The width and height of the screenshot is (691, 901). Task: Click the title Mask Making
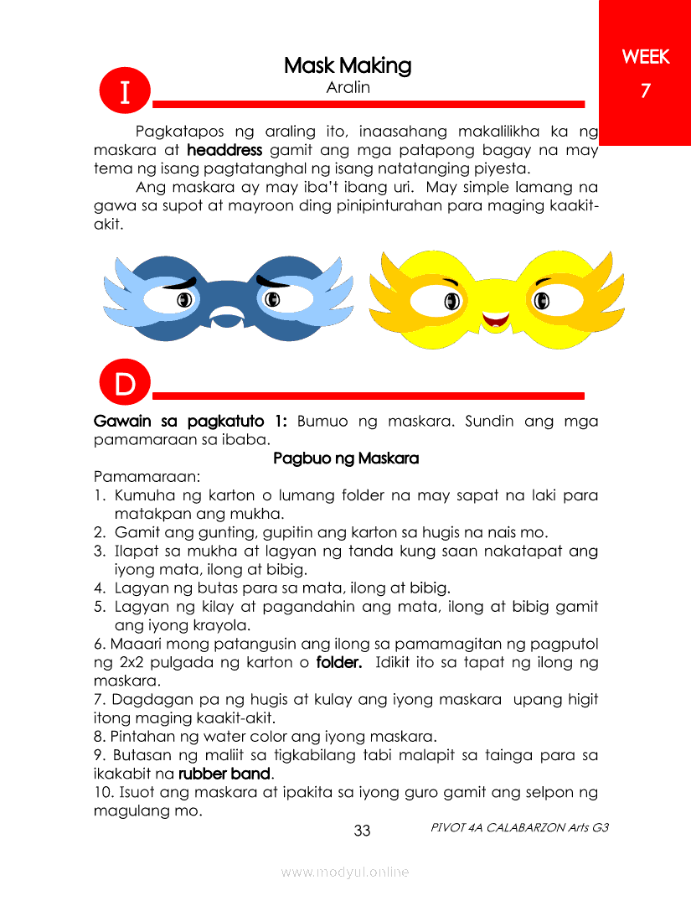click(347, 65)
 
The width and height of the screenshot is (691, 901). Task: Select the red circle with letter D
click(124, 385)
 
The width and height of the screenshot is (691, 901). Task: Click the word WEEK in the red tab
click(645, 57)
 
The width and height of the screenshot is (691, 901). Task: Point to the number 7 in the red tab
click(645, 91)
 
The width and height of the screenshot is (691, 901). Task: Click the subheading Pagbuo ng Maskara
click(346, 459)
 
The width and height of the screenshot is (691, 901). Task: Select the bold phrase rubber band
click(224, 773)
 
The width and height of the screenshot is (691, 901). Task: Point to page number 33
click(362, 831)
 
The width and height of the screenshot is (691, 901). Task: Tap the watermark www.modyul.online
click(345, 873)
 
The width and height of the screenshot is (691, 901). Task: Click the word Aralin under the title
click(348, 87)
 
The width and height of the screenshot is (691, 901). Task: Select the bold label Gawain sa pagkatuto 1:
click(192, 421)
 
